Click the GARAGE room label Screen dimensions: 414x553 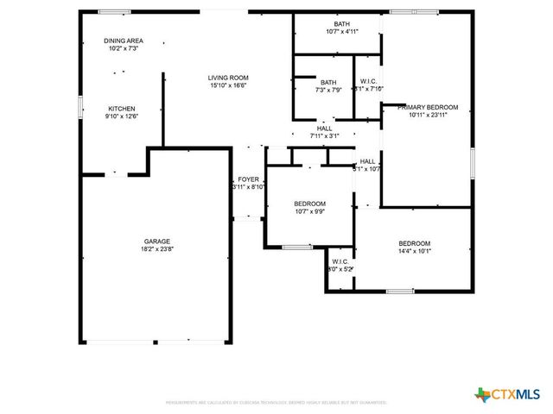(x=156, y=241)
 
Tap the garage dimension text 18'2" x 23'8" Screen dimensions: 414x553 (x=156, y=249)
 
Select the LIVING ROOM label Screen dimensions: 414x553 (x=228, y=78)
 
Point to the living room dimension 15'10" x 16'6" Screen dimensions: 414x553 (x=228, y=85)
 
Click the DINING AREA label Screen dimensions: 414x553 (x=124, y=41)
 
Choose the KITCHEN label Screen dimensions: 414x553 (x=121, y=108)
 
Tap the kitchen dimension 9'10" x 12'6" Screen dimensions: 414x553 (x=122, y=116)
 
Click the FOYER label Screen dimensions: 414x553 (x=249, y=179)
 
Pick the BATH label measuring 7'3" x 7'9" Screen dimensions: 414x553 (x=328, y=82)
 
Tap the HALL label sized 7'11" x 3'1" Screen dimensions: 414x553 (x=324, y=128)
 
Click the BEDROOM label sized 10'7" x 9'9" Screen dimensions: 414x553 (x=309, y=203)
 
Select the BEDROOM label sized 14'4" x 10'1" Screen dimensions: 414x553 (x=414, y=243)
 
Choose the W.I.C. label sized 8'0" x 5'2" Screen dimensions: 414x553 (x=340, y=260)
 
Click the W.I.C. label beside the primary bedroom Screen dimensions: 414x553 (x=368, y=82)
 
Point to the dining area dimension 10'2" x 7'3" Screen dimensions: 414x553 (x=124, y=48)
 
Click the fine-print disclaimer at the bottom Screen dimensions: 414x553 (x=289, y=403)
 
